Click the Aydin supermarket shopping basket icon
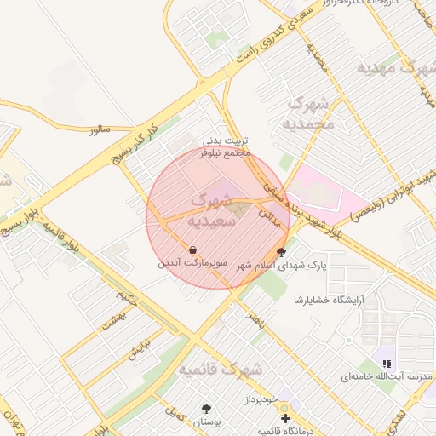(x=194, y=250)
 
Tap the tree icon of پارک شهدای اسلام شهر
(x=282, y=252)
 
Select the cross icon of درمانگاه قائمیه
(x=285, y=418)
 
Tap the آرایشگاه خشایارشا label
(x=328, y=301)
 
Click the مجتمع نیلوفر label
(x=225, y=154)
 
